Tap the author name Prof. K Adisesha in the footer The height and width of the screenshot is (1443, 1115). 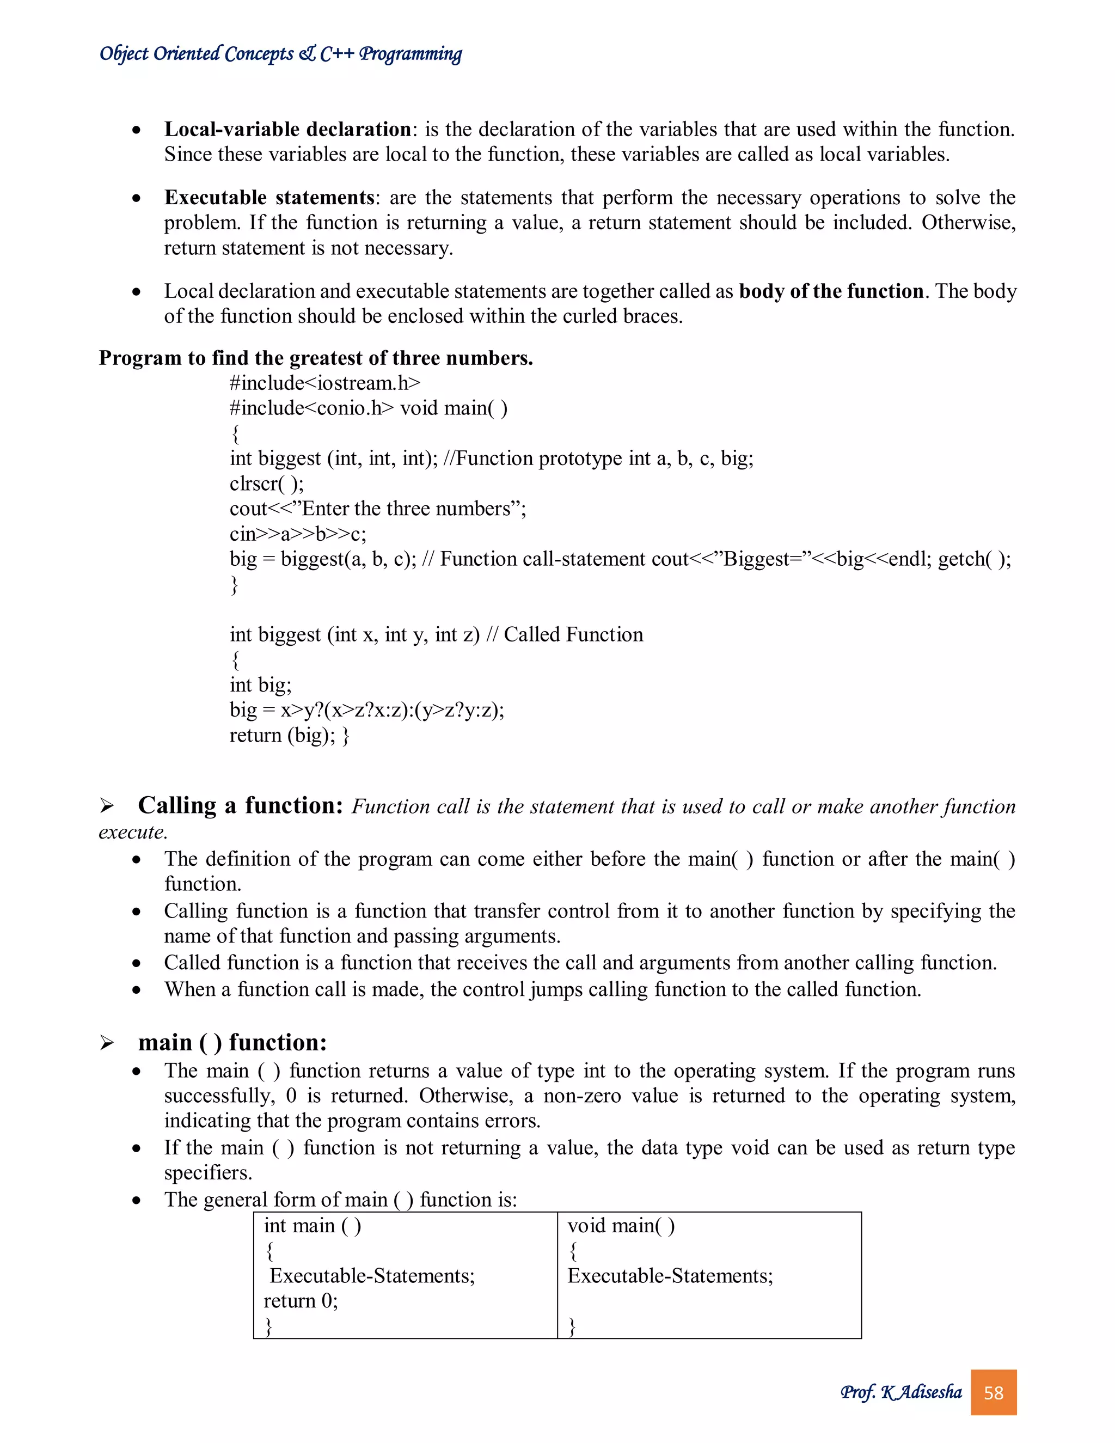[x=901, y=1392]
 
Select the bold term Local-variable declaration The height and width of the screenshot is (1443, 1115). [x=288, y=129]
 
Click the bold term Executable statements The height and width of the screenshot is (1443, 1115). [x=269, y=198]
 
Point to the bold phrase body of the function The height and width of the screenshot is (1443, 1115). [x=831, y=291]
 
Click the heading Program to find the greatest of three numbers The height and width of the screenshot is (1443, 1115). [x=316, y=358]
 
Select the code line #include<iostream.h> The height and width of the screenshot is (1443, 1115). [x=325, y=383]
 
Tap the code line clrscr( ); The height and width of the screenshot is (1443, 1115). [x=267, y=484]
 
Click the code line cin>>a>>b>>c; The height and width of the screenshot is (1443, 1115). [x=297, y=534]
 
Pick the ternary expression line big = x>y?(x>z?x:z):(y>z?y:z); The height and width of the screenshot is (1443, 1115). [x=366, y=710]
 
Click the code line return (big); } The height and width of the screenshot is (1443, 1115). [x=289, y=735]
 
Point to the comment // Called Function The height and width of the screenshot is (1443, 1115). [x=564, y=635]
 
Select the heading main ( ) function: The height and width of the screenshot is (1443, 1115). [x=232, y=1043]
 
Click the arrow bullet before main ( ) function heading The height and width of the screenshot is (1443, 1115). [x=107, y=1043]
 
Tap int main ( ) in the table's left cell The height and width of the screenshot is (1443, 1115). [x=313, y=1226]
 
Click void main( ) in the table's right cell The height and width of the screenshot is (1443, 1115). [x=621, y=1226]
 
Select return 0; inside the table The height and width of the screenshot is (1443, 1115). [x=301, y=1301]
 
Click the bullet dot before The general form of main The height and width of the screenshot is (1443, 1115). [x=136, y=1201]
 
